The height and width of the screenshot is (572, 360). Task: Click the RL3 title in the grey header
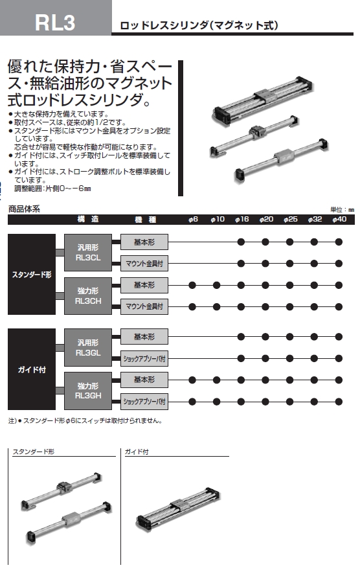click(x=55, y=22)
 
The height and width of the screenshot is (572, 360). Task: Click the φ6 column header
click(x=193, y=219)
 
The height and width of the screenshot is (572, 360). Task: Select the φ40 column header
click(x=339, y=219)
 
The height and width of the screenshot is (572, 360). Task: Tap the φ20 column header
click(x=266, y=219)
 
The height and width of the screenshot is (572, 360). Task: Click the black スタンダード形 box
click(x=32, y=274)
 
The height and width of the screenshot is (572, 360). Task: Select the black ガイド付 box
click(x=32, y=369)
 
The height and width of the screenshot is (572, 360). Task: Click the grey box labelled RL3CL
click(x=88, y=253)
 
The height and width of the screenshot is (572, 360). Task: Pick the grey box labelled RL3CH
click(x=88, y=296)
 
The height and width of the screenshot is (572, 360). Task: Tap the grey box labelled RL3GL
click(x=88, y=347)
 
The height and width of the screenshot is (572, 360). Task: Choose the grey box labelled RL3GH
click(x=88, y=391)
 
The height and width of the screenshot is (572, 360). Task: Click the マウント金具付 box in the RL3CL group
click(x=144, y=264)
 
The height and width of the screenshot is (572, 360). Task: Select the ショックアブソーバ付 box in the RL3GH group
click(x=144, y=402)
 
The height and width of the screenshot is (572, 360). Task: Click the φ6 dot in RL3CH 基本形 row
click(x=192, y=285)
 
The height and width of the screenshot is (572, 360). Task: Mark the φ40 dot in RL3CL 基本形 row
click(x=339, y=242)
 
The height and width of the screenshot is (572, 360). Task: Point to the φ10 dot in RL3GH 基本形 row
click(x=217, y=380)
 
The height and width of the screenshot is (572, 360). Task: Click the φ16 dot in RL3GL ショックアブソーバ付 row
click(x=241, y=359)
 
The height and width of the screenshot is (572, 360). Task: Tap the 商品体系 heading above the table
click(x=24, y=209)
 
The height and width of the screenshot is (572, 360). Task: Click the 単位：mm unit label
click(x=342, y=210)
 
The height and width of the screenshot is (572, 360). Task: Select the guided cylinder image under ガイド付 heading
click(x=178, y=508)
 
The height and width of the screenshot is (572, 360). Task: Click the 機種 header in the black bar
click(x=145, y=219)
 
